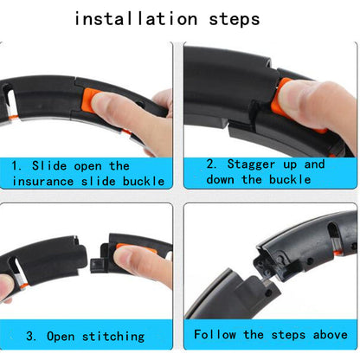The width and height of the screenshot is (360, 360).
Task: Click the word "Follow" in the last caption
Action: [215, 333]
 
